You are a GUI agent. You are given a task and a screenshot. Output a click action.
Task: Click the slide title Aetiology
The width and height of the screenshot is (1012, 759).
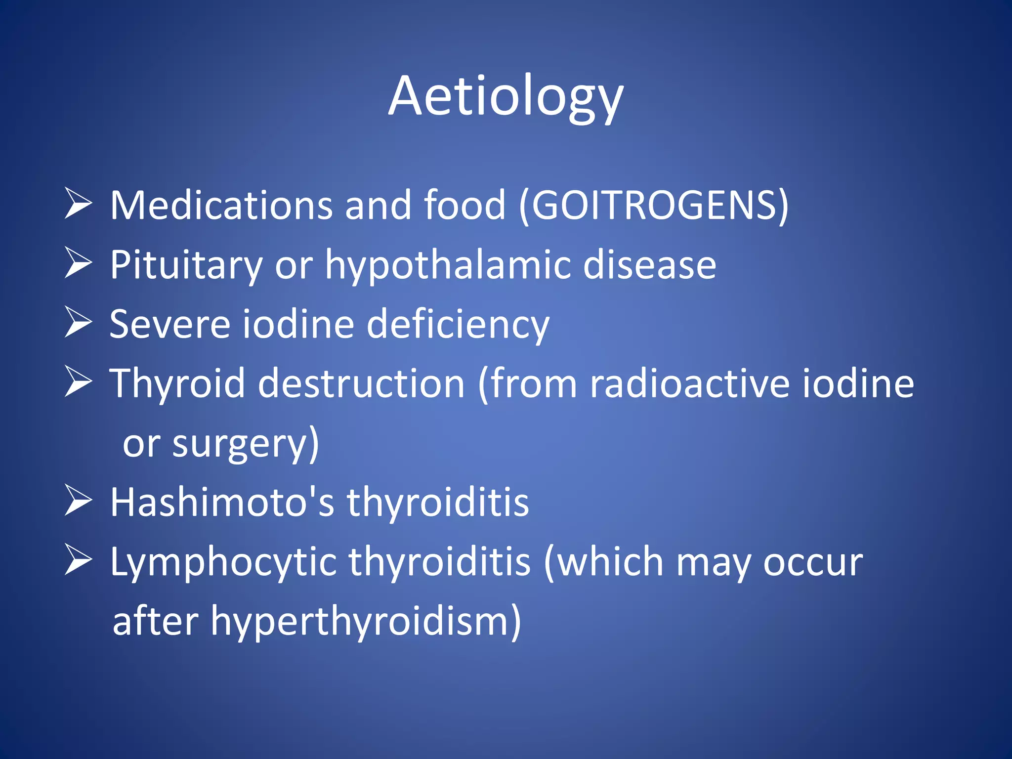click(x=506, y=96)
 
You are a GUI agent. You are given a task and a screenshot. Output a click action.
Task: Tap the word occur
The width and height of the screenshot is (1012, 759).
click(x=813, y=562)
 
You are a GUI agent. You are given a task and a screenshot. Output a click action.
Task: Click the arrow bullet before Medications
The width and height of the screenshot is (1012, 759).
click(x=78, y=204)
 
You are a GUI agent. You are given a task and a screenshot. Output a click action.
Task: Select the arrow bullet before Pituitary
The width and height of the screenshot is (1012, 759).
click(x=78, y=263)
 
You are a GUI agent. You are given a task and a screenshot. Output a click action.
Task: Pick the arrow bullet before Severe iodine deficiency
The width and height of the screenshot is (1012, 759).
click(x=78, y=322)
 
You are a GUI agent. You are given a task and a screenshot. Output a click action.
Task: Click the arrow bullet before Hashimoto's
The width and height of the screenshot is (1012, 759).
click(x=78, y=501)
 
